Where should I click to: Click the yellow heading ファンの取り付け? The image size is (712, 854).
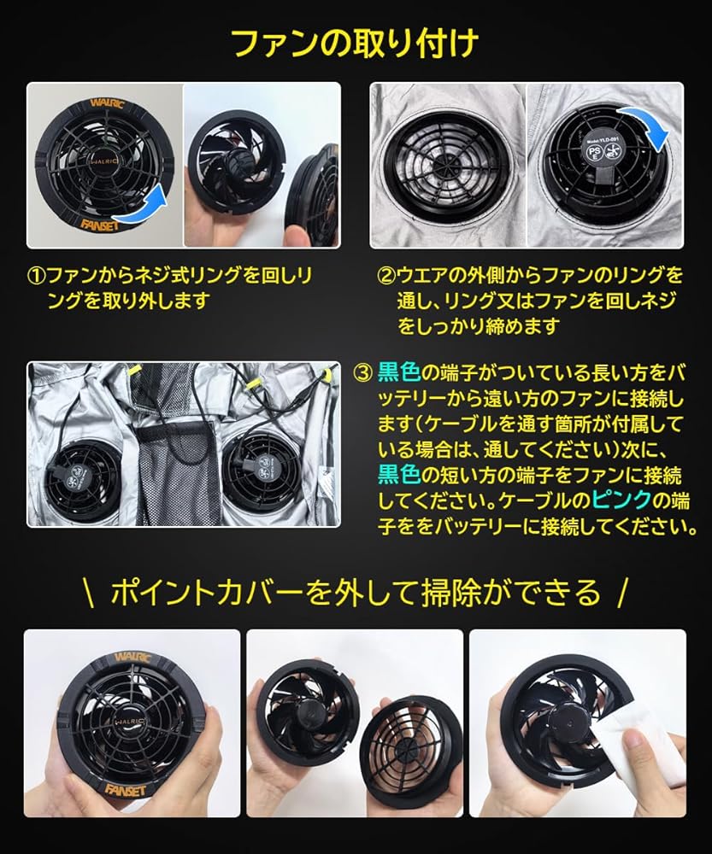pyautogui.click(x=356, y=42)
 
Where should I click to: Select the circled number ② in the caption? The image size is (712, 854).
pyautogui.click(x=385, y=276)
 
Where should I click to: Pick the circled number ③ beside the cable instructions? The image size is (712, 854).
pyautogui.click(x=362, y=372)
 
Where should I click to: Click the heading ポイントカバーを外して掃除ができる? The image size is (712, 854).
pyautogui.click(x=356, y=592)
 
